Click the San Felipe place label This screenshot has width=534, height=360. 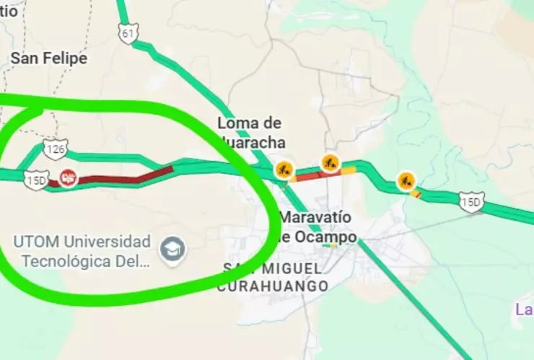pos(48,58)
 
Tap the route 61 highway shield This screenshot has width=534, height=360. pos(128,33)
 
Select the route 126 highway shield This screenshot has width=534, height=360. pos(56,149)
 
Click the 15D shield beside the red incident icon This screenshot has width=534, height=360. pos(35,180)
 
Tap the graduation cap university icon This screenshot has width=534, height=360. pos(173,250)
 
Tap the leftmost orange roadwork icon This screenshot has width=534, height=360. pos(284,170)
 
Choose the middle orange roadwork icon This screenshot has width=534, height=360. pos(331,162)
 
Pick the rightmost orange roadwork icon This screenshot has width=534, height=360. pos(406,180)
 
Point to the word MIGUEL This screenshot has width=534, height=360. pos(286,268)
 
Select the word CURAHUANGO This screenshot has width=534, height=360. pos(273,286)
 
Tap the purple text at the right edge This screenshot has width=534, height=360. pos(524,310)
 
